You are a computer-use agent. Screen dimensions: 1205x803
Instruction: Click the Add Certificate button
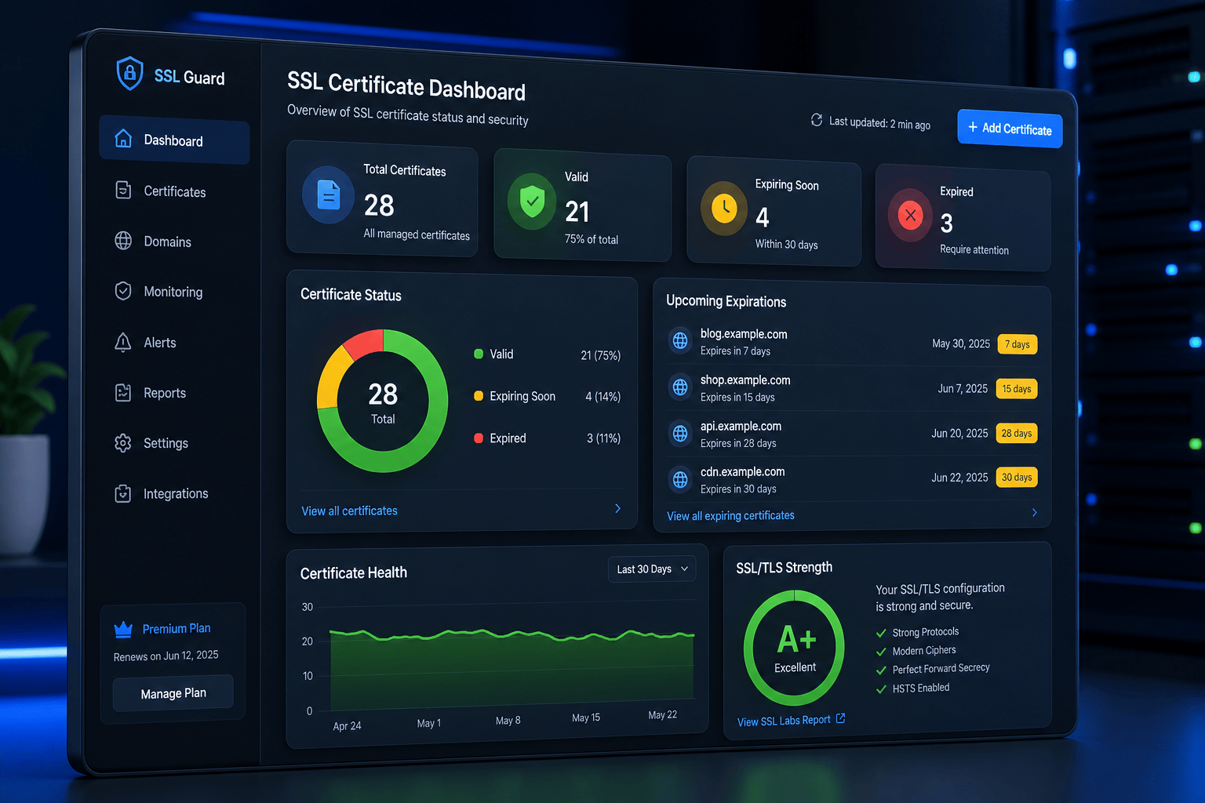coord(1010,129)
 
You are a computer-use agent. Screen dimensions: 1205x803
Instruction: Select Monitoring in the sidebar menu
coord(173,292)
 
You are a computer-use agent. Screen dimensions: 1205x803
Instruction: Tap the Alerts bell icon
coord(122,342)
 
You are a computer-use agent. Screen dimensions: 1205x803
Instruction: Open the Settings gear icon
coord(122,442)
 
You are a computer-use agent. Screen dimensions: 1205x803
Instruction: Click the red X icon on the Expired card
coord(910,216)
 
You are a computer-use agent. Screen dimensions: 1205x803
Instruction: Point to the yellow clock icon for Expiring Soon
coord(724,208)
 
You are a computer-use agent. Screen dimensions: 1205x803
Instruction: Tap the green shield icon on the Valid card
coord(532,202)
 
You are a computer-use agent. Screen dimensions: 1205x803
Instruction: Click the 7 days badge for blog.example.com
coord(1018,344)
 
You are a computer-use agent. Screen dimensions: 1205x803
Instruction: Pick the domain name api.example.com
coord(741,426)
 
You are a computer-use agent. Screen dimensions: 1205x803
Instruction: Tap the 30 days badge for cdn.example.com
coord(1017,477)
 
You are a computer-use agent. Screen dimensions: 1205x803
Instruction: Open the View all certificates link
coord(349,511)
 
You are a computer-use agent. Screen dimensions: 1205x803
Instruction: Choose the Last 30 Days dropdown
coord(652,569)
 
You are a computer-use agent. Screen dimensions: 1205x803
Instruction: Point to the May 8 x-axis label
coord(508,720)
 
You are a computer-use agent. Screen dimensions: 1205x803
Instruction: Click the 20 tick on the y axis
coord(308,641)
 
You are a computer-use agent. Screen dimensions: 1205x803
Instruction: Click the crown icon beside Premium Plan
coord(123,629)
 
